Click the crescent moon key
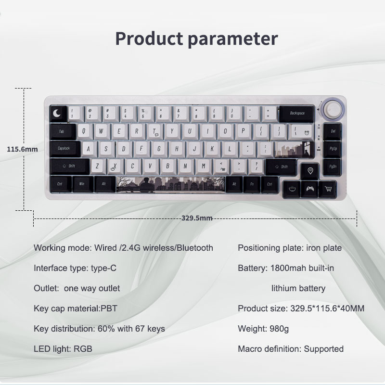tap(58, 114)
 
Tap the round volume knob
tap(333, 108)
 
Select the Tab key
tap(63, 131)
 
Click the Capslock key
tap(65, 149)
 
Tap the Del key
tap(333, 131)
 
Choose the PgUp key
tap(333, 149)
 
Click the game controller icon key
tap(310, 189)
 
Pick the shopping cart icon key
tap(328, 189)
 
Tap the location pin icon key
tap(310, 171)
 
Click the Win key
tap(82, 184)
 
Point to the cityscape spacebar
tap(170, 185)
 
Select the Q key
tap(84, 131)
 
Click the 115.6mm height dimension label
tap(22, 149)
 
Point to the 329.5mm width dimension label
tap(197, 218)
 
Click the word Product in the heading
tap(149, 39)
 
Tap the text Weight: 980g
tap(263, 329)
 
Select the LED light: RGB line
tap(63, 348)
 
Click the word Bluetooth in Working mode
tap(195, 248)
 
